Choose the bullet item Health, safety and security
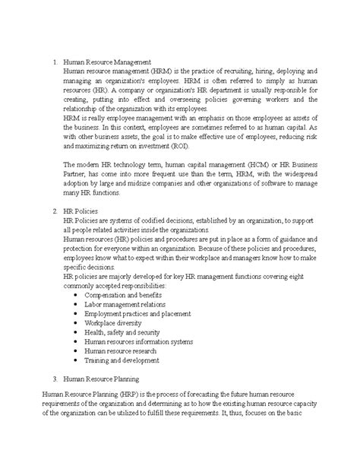[121, 332]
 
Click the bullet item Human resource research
[121, 351]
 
